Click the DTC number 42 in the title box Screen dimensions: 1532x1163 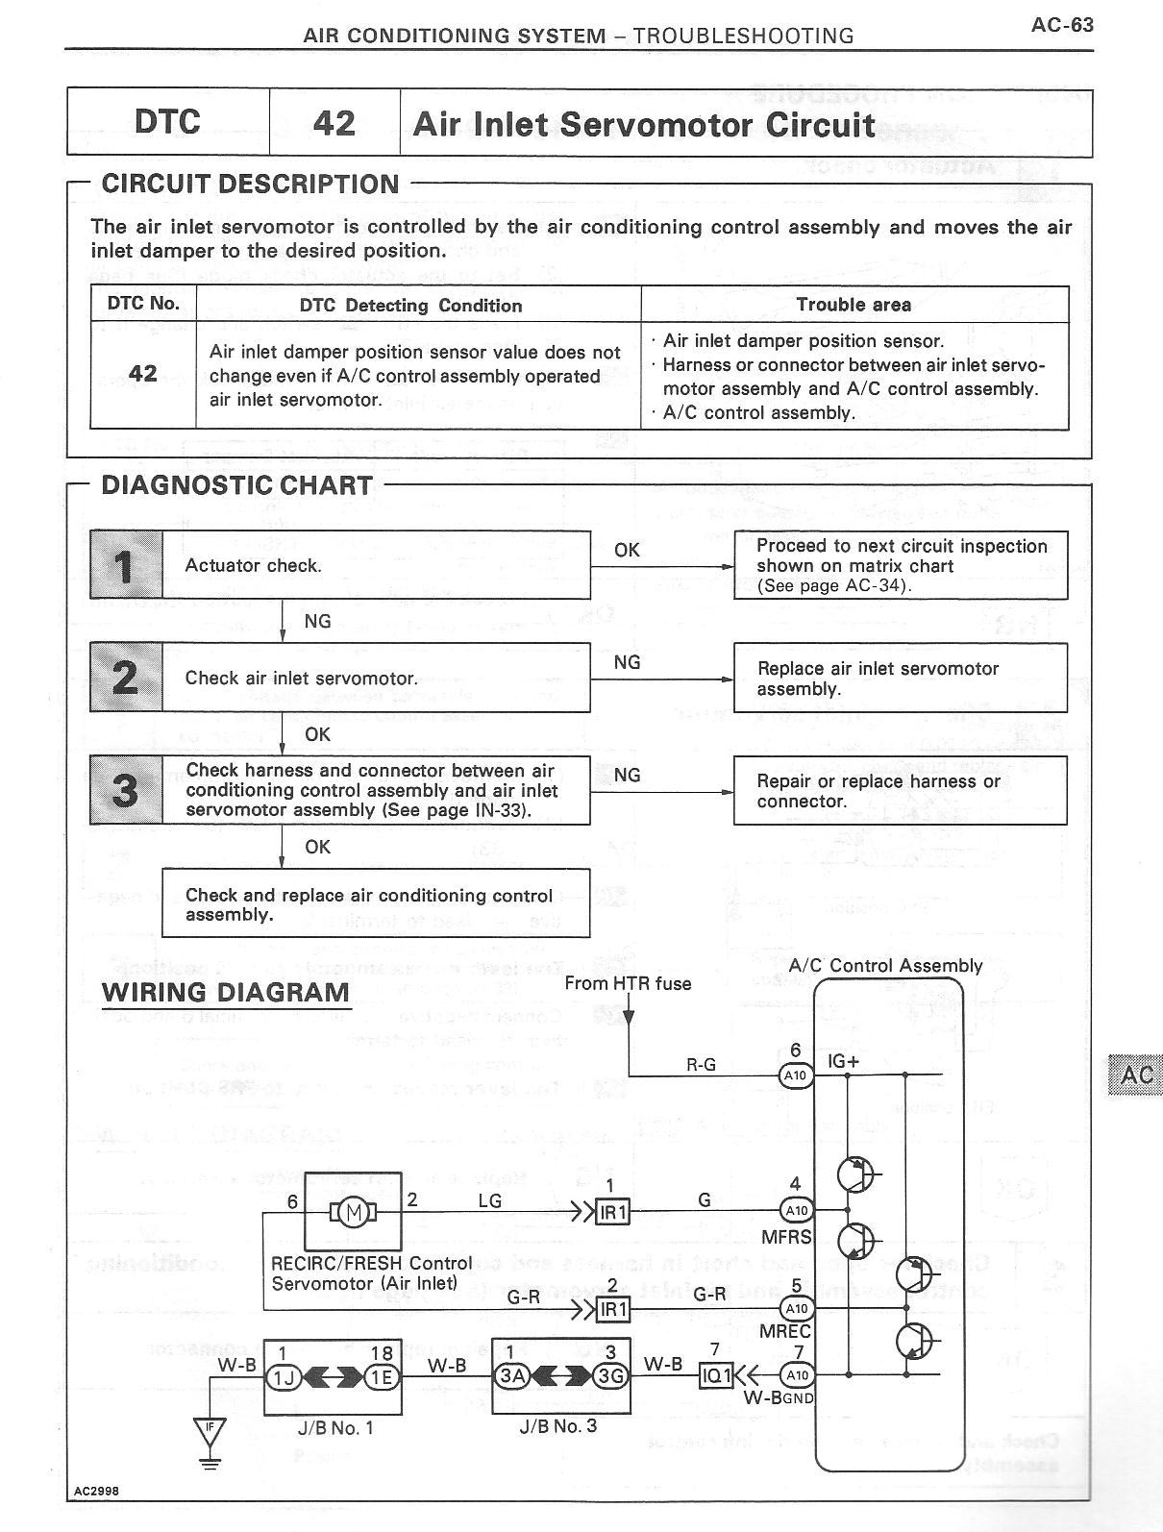point(334,123)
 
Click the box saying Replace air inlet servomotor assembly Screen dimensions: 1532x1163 point(900,678)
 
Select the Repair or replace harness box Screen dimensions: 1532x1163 point(900,790)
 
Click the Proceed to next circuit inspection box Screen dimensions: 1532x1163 point(900,565)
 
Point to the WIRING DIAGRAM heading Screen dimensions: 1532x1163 point(226,993)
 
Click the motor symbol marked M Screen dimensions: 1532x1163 point(353,1211)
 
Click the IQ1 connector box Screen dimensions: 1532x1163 point(717,1376)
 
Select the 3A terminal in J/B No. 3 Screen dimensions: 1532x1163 point(511,1376)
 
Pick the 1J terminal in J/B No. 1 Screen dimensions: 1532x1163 point(284,1376)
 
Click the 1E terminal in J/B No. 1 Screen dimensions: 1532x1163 point(381,1376)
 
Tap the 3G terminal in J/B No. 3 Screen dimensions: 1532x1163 point(610,1376)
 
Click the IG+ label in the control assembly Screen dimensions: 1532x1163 point(843,1063)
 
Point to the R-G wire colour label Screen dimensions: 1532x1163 point(701,1065)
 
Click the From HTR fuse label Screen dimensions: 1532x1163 point(628,983)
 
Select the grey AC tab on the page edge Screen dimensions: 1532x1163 point(1136,1074)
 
